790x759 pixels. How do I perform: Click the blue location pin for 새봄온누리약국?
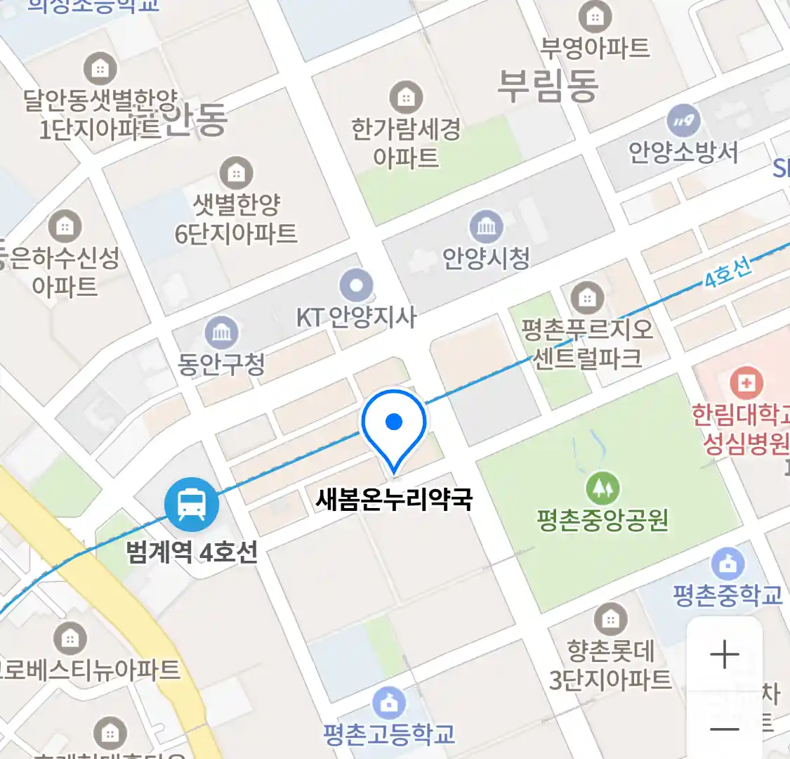(394, 424)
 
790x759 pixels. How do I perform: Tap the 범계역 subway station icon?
(191, 504)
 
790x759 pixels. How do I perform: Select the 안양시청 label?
(486, 258)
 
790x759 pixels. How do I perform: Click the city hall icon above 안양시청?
(486, 226)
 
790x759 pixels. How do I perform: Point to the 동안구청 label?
(221, 363)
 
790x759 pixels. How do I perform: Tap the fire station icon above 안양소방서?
(683, 121)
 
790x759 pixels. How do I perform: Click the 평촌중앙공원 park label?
(603, 520)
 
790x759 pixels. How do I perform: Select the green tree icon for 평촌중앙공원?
(603, 486)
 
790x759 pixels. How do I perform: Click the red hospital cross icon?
(746, 383)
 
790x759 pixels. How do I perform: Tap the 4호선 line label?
(728, 273)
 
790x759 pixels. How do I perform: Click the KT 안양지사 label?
(356, 318)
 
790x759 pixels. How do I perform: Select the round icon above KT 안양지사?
(356, 285)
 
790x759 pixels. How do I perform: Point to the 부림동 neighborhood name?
(548, 86)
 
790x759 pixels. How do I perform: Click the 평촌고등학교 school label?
(389, 734)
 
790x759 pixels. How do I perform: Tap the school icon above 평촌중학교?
(728, 563)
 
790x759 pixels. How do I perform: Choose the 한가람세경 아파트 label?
(406, 143)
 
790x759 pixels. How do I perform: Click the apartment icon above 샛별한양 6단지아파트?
(236, 172)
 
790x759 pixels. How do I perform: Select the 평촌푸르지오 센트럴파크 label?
(587, 344)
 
